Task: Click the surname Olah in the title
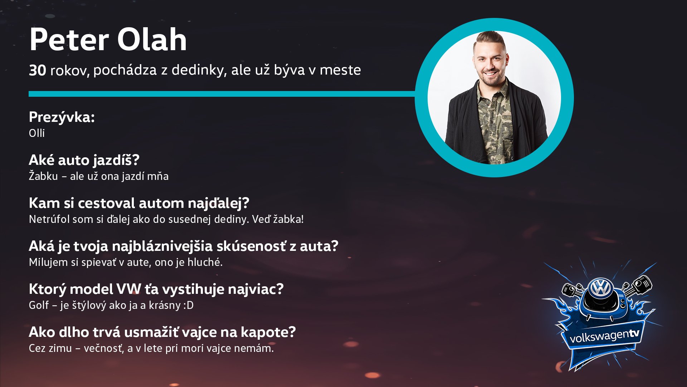point(152,39)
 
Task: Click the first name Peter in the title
point(69,39)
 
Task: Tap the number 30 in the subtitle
point(37,70)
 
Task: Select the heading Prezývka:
point(62,117)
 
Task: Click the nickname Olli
point(37,133)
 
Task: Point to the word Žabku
point(43,176)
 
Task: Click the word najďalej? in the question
point(218,203)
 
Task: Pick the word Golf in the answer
point(39,305)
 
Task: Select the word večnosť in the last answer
point(104,348)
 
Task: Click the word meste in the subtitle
point(340,70)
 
